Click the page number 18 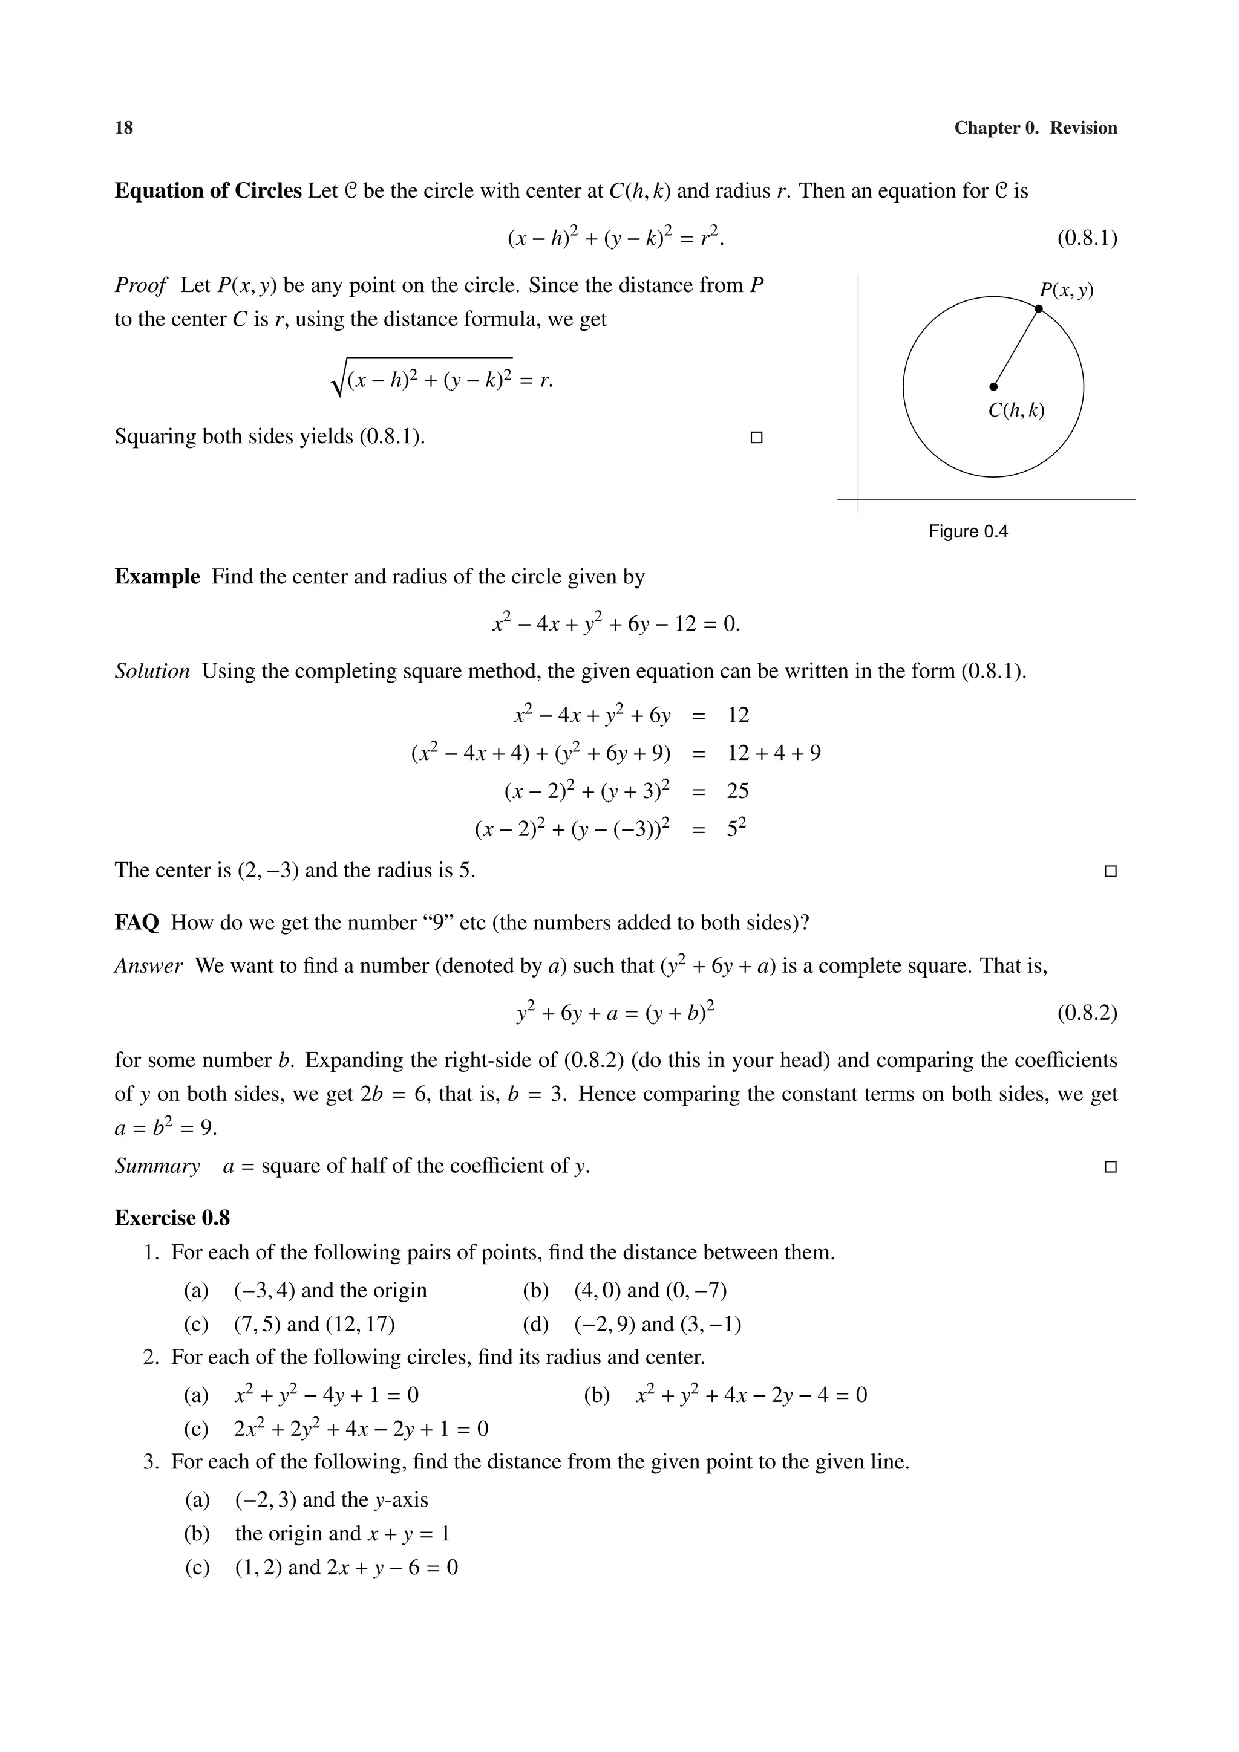point(123,128)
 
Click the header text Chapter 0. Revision point(1035,128)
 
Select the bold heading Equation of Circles point(208,191)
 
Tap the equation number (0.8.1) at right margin point(1087,239)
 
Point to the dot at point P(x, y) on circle point(1038,309)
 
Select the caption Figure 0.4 point(967,532)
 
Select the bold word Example point(157,577)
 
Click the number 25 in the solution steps point(737,791)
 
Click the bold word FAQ point(137,923)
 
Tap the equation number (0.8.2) point(1087,1013)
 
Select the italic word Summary point(157,1166)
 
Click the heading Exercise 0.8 point(172,1218)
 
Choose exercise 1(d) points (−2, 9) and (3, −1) point(656,1324)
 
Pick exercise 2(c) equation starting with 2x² point(361,1429)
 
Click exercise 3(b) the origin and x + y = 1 point(342,1534)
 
